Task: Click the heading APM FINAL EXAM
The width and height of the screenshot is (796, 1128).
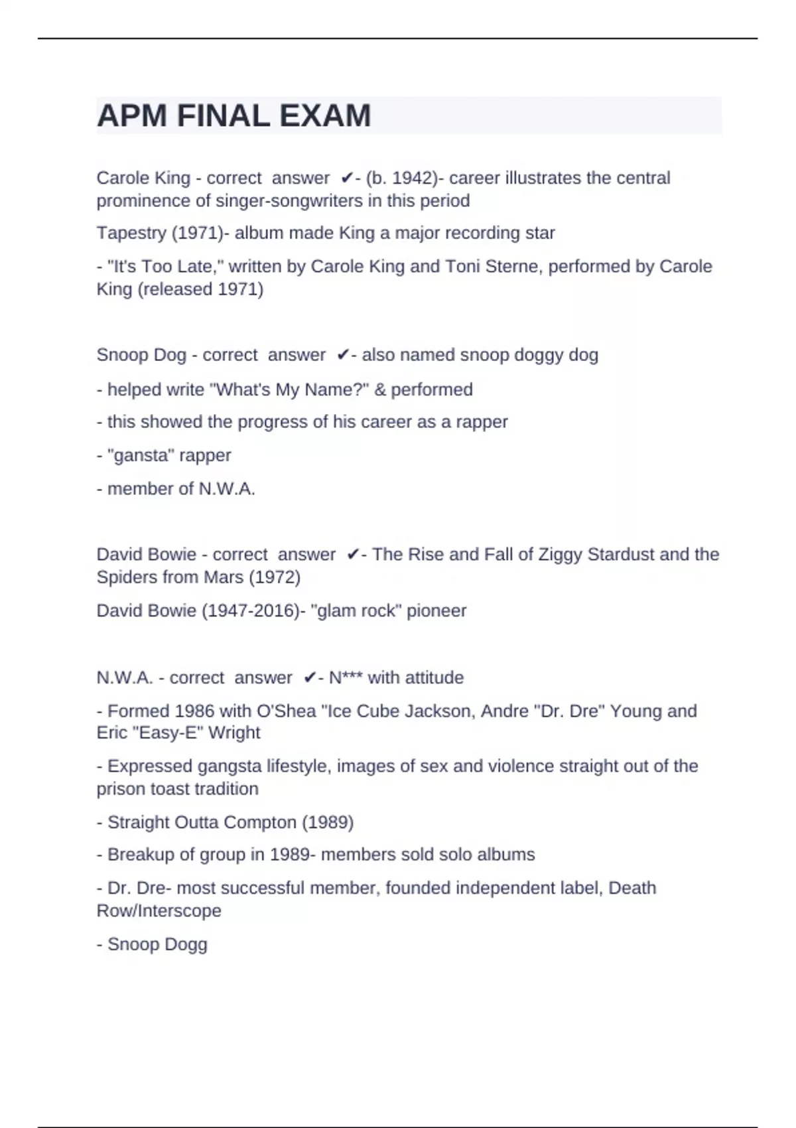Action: (x=233, y=116)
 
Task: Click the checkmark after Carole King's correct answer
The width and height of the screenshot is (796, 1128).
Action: (x=346, y=178)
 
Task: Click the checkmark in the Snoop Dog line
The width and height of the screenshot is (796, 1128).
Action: (x=342, y=356)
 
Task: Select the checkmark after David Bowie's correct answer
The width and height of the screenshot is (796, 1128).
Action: (x=353, y=555)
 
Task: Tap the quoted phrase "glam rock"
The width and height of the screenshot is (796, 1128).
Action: (x=356, y=611)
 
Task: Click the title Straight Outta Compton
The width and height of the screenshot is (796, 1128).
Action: (x=202, y=823)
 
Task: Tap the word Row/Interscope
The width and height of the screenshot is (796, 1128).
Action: (x=159, y=911)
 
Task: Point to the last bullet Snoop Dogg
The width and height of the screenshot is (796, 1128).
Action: (x=157, y=945)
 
